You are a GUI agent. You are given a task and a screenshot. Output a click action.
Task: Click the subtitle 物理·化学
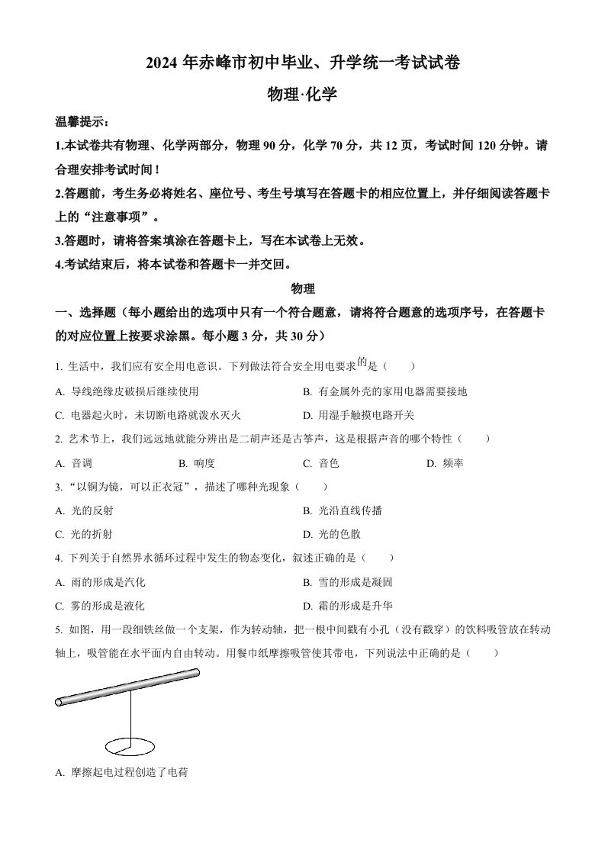click(x=302, y=95)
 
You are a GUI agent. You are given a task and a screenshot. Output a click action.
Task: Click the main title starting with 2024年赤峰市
click(x=302, y=63)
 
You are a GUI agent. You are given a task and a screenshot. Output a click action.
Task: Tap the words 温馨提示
click(x=82, y=122)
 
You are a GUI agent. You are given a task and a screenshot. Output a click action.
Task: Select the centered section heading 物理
click(x=303, y=289)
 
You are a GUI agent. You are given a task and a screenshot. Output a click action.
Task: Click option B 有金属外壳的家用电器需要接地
click(x=385, y=391)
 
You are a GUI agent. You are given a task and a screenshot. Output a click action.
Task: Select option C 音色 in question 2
click(x=321, y=463)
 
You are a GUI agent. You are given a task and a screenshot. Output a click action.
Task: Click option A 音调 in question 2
click(x=75, y=463)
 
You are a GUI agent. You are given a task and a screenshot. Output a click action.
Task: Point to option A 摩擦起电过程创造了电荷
click(x=122, y=773)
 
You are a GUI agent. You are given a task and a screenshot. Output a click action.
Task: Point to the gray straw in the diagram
click(x=127, y=687)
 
